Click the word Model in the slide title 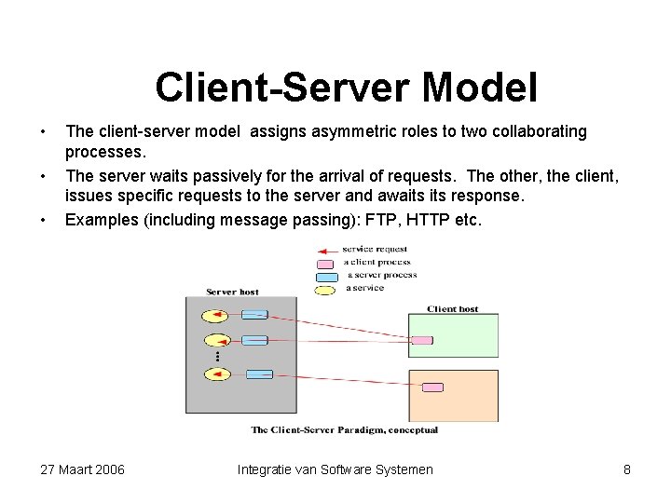click(x=480, y=88)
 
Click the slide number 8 click(x=627, y=469)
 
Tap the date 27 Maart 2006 click(x=83, y=469)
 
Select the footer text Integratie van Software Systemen click(x=335, y=469)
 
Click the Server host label click(x=232, y=292)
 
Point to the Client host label click(x=452, y=308)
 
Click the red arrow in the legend click(x=326, y=251)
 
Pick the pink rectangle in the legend click(x=326, y=264)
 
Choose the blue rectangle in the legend click(x=326, y=276)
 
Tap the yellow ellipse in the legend click(x=326, y=289)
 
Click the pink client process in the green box click(x=421, y=340)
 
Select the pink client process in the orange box click(x=431, y=387)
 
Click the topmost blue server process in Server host click(x=255, y=315)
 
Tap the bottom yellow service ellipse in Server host click(x=216, y=374)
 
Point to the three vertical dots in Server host click(x=217, y=357)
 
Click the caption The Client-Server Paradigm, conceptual click(x=344, y=430)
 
